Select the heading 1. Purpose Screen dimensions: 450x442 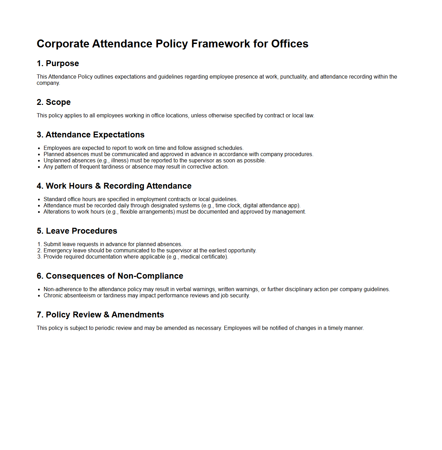[x=58, y=63]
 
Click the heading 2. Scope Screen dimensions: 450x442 [x=54, y=102]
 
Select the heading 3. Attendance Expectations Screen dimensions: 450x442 [x=91, y=135]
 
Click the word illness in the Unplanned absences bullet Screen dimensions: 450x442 [x=119, y=161]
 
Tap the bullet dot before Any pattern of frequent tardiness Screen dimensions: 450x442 [x=39, y=167]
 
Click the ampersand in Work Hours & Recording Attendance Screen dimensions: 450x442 [x=98, y=186]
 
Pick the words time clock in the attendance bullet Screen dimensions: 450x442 [x=228, y=206]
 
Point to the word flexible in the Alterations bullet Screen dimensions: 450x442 [x=129, y=212]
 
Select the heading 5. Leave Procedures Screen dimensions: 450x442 [x=77, y=231]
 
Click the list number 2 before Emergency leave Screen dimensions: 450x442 [x=39, y=251]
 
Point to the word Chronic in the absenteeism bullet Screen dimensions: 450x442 [x=52, y=296]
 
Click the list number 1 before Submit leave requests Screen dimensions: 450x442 [x=39, y=244]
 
